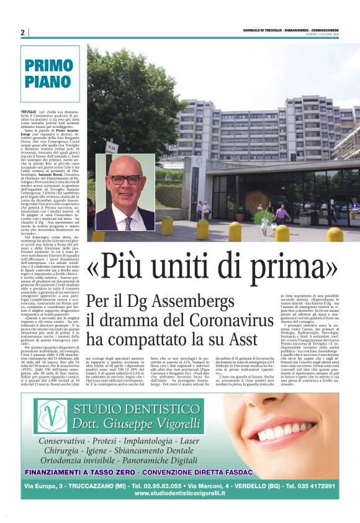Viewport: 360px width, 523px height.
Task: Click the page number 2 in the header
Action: (22, 32)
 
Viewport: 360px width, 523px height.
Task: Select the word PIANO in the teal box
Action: (49, 82)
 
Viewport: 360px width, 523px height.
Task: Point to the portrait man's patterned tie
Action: (128, 222)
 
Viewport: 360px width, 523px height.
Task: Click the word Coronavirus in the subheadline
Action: (232, 321)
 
